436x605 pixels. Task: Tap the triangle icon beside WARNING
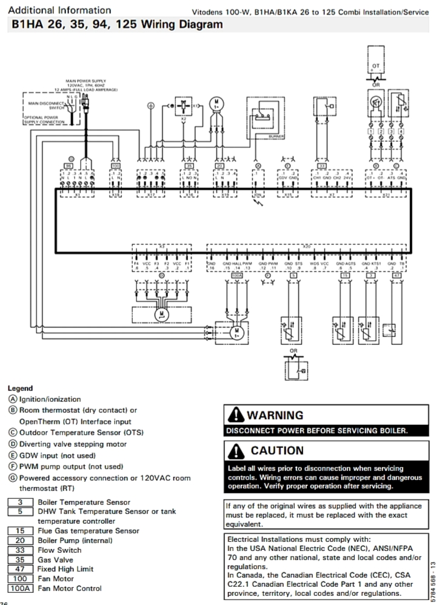point(235,415)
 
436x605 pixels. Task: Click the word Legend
point(21,388)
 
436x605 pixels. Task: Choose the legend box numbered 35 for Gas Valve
point(20,560)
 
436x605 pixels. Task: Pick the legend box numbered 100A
point(20,588)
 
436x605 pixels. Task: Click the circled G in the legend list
point(13,478)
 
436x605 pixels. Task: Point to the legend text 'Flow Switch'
point(59,550)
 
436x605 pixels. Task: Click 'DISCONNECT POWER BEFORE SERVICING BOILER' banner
point(317,431)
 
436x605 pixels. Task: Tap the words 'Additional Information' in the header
point(59,10)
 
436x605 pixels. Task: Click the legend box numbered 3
point(20,502)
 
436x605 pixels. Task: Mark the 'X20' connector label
point(307,247)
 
